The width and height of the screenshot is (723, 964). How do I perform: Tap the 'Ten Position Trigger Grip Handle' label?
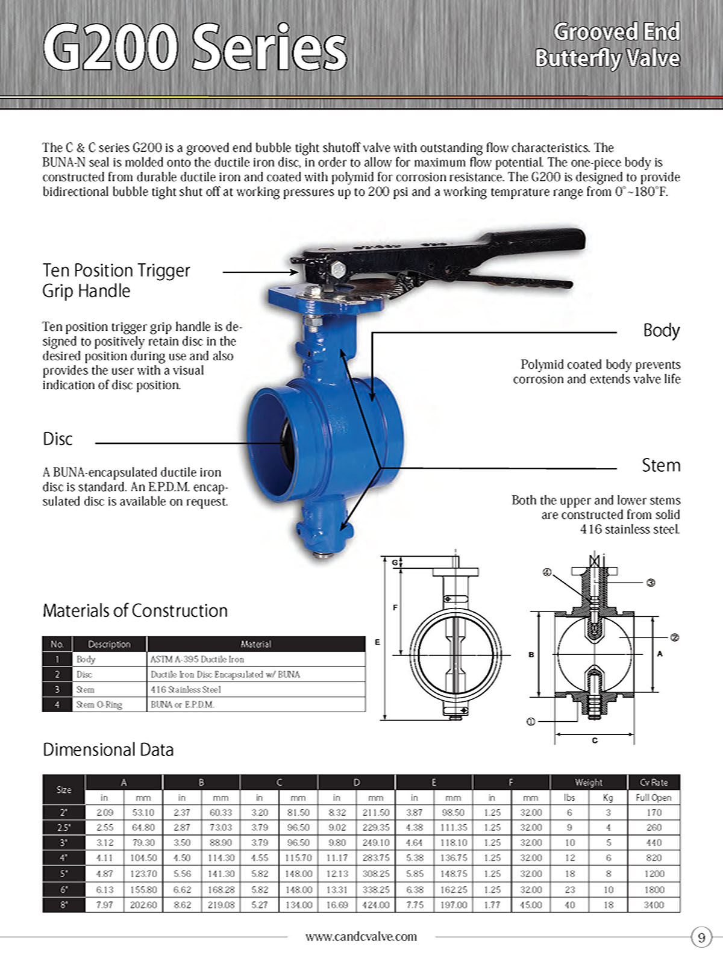[116, 280]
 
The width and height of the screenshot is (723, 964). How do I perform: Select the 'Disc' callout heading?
[58, 439]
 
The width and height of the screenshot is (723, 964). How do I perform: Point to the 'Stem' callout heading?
[661, 465]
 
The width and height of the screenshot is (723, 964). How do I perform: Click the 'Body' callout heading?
[662, 330]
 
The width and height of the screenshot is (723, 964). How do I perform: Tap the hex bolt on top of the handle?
[338, 269]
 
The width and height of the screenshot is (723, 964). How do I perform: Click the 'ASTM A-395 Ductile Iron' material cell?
[197, 659]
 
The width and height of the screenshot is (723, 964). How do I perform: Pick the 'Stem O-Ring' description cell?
[99, 704]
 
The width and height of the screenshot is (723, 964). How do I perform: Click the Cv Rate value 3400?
[654, 905]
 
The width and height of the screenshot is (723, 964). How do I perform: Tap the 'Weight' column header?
[589, 782]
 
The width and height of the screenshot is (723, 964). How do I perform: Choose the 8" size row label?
[64, 905]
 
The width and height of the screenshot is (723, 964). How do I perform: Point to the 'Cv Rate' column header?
[654, 782]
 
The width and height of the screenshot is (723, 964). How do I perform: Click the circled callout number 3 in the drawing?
[651, 583]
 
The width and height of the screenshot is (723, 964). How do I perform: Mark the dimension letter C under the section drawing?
[595, 740]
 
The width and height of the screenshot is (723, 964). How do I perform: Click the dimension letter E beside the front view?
[378, 642]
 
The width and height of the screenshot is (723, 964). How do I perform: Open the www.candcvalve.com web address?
[361, 936]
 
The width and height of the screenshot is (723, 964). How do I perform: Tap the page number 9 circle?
[701, 937]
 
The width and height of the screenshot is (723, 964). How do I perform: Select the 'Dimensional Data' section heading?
[108, 750]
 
